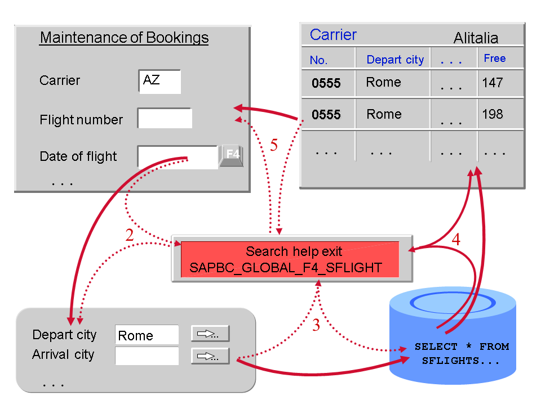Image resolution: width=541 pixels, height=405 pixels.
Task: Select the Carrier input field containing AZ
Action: (159, 81)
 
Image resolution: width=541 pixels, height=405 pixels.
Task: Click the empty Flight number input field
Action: (165, 119)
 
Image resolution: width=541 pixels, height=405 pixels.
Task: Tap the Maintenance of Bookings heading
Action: (124, 38)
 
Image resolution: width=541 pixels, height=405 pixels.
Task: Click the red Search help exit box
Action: (290, 259)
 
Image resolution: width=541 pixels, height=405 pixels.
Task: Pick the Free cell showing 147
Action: (493, 83)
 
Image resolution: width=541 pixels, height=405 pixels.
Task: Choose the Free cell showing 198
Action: (493, 115)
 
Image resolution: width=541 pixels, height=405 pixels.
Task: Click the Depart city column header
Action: (394, 60)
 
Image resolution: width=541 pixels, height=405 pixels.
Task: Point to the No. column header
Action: (318, 60)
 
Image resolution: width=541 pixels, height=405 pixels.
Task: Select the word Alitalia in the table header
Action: (476, 38)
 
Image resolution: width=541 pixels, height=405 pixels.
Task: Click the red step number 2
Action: (130, 235)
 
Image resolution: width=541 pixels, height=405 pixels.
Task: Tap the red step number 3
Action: (316, 325)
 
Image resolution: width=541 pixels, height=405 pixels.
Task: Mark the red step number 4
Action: (456, 240)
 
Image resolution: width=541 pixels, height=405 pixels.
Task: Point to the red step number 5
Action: (274, 146)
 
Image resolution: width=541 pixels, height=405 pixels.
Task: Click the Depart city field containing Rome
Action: (147, 335)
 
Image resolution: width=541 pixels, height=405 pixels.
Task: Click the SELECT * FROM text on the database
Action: (462, 346)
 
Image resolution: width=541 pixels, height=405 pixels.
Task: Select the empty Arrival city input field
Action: (147, 355)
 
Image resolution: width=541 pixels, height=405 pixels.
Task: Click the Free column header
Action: (495, 58)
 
